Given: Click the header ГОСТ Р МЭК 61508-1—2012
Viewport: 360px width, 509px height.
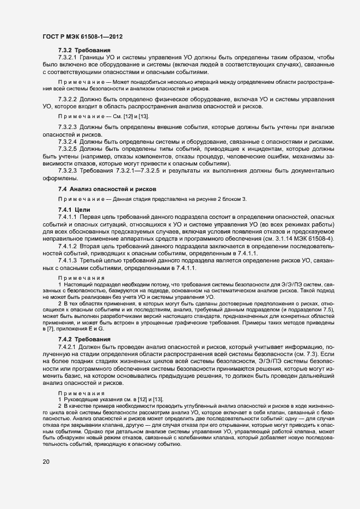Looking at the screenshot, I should point(82,37).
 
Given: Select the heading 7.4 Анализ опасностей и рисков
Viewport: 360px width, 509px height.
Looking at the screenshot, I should point(107,188).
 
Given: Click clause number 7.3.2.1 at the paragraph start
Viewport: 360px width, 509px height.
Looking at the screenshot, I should point(68,57).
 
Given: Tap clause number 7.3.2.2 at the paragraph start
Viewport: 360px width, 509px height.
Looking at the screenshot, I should point(68,100).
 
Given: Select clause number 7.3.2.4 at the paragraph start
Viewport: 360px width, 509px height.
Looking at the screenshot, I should point(68,142).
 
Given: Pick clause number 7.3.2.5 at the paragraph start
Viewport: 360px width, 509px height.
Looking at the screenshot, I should point(68,148).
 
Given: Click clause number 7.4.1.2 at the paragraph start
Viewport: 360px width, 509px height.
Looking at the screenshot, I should point(68,246).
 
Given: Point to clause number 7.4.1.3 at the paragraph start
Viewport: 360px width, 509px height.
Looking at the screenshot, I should point(68,261).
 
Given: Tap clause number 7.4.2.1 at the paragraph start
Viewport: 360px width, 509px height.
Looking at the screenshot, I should point(68,346).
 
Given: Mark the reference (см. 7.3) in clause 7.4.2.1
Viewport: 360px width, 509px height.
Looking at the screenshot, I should point(292,353).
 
